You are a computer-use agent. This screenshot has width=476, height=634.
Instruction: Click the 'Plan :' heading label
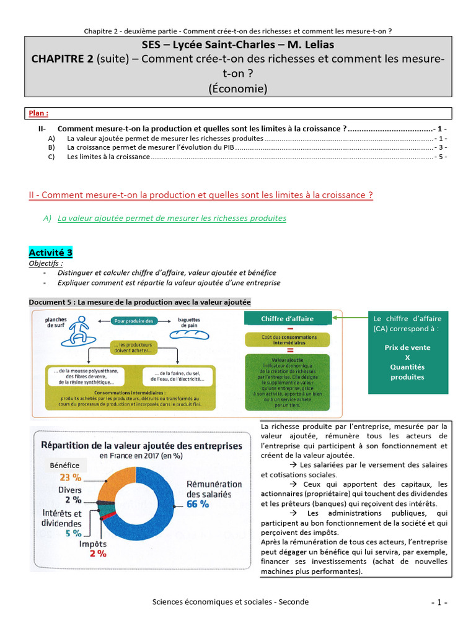tap(38, 113)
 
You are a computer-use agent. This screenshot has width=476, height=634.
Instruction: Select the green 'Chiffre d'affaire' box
tap(287, 319)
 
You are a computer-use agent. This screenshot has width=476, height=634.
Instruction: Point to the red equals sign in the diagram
tap(289, 349)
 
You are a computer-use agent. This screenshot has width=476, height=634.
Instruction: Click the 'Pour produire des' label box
tap(136, 320)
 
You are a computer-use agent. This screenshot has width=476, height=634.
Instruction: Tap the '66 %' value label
tap(198, 504)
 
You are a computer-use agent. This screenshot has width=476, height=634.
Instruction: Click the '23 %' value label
tap(69, 477)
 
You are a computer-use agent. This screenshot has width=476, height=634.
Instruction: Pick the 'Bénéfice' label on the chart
tap(64, 464)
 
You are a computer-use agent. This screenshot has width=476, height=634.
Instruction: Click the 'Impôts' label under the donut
tap(92, 544)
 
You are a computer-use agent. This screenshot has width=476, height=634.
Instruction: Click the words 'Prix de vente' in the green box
tap(407, 347)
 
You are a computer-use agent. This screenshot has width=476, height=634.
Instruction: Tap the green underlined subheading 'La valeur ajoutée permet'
tap(172, 218)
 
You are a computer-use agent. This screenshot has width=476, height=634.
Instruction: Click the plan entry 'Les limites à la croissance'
tap(108, 157)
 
